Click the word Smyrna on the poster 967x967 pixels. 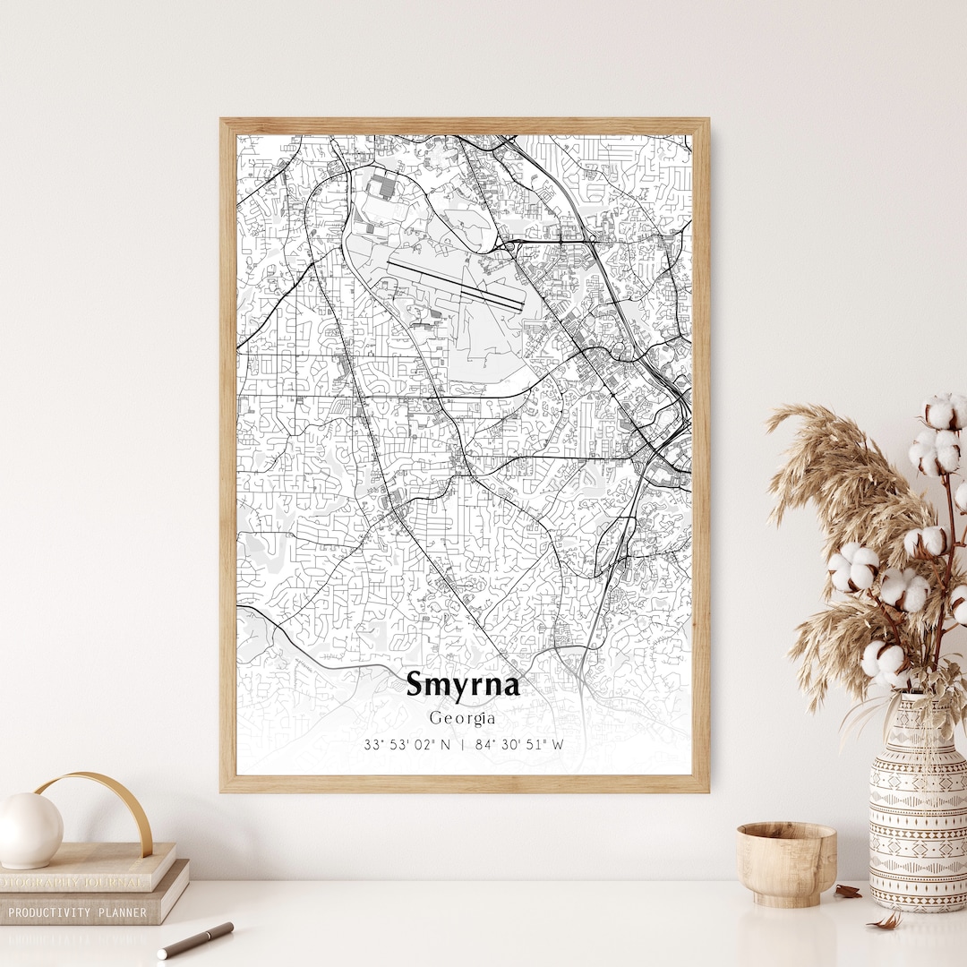click(462, 685)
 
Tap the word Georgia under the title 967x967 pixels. click(462, 718)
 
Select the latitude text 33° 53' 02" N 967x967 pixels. click(406, 744)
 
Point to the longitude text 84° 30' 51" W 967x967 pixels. click(520, 744)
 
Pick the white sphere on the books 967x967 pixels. click(30, 830)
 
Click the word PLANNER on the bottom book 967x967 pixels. click(125, 912)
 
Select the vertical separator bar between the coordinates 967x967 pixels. click(463, 744)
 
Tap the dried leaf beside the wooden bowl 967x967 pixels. click(846, 891)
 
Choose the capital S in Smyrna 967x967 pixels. click(416, 685)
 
